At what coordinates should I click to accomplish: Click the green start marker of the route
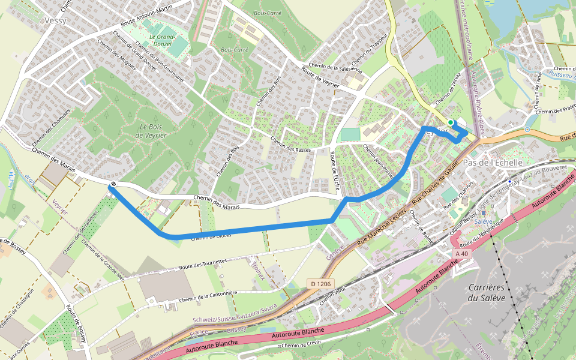point(451,122)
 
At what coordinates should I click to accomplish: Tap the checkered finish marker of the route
point(113,184)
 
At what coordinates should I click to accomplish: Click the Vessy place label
point(55,20)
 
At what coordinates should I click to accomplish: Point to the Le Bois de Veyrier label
point(146,131)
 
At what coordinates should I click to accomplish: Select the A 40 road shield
point(461,254)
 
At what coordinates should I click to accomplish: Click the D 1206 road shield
point(320,283)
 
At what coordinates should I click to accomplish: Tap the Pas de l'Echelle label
point(493,163)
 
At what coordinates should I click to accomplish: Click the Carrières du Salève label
point(489,293)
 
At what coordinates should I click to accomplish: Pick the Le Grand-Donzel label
point(161,40)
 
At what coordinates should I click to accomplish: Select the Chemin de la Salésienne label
point(335,67)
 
